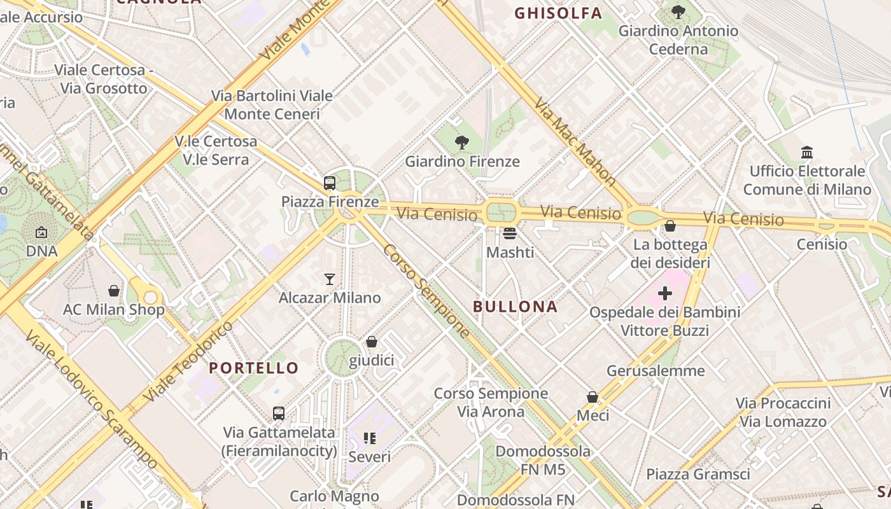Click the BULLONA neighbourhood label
(515, 307)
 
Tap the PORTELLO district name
(253, 368)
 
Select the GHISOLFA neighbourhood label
(558, 13)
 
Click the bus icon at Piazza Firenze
(330, 183)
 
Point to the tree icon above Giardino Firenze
(462, 143)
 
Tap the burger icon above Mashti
(510, 234)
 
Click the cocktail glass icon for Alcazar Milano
(330, 279)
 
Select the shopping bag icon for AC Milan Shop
(114, 291)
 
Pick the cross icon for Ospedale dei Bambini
(665, 293)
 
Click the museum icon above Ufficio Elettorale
(807, 152)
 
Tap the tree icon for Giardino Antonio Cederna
(678, 11)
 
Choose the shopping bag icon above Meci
(593, 397)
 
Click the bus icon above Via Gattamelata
(279, 414)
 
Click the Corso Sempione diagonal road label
(427, 291)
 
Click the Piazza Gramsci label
(698, 474)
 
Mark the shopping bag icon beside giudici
(372, 342)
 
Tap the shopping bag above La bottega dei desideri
(670, 226)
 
